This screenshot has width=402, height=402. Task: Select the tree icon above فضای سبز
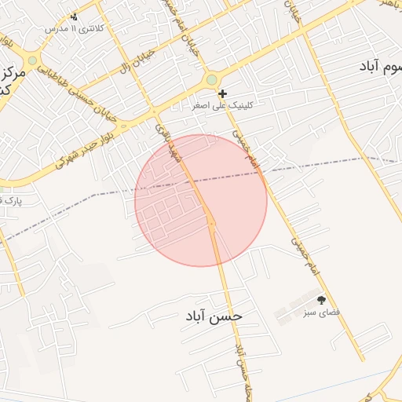pyautogui.click(x=320, y=299)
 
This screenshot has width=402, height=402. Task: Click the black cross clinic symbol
pyautogui.click(x=223, y=93)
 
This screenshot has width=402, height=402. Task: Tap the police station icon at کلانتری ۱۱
pyautogui.click(x=75, y=16)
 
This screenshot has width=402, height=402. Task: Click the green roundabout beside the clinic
pyautogui.click(x=211, y=79)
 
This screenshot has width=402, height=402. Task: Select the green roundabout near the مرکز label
pyautogui.click(x=32, y=60)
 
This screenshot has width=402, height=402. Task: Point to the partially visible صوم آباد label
pyautogui.click(x=373, y=68)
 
